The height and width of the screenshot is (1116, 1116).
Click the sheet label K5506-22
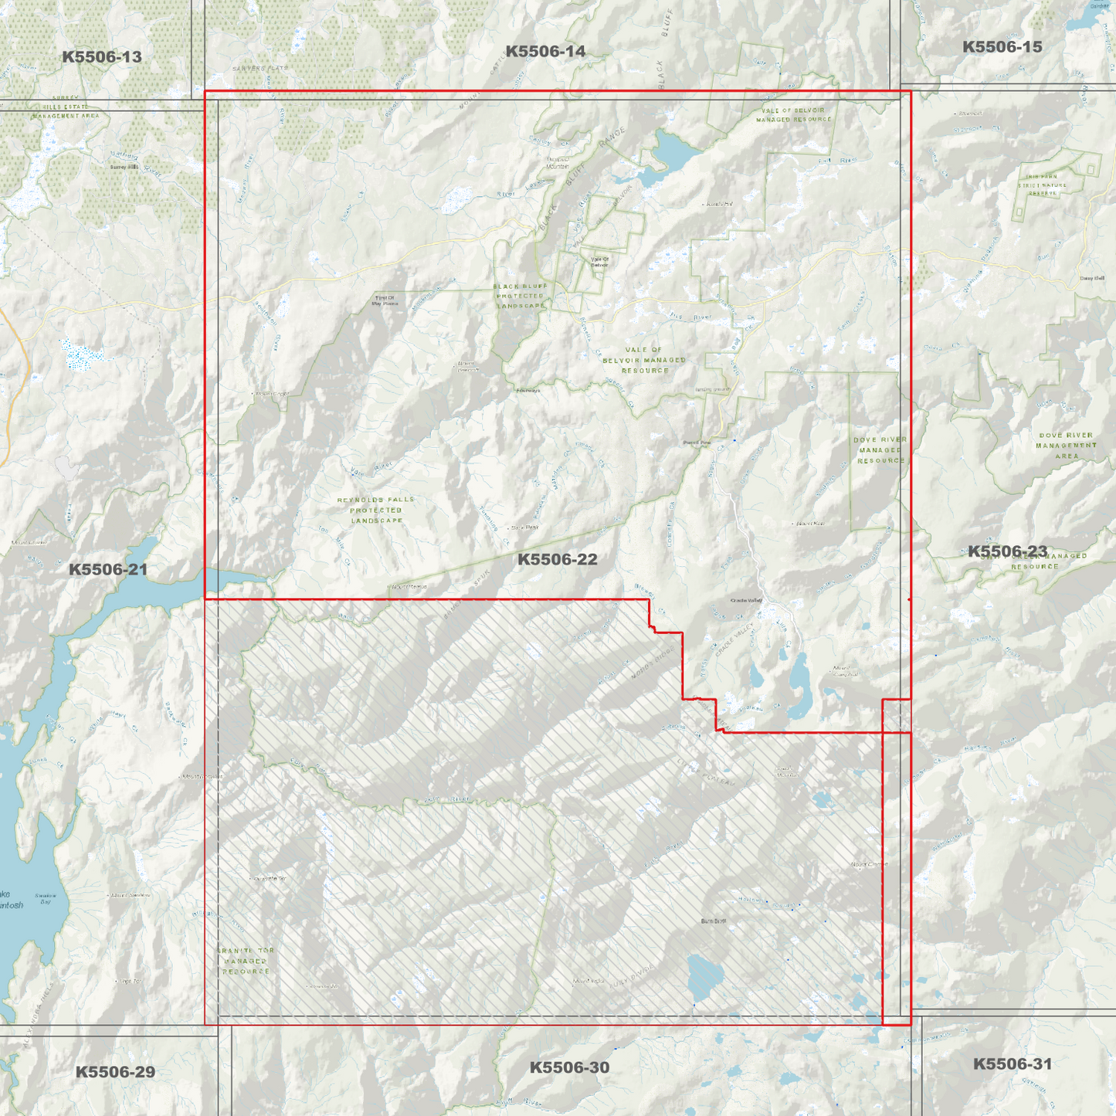(557, 559)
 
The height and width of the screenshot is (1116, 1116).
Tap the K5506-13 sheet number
(102, 57)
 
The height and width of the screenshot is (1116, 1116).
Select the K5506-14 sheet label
(545, 52)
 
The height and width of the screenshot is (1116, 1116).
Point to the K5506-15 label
(1002, 47)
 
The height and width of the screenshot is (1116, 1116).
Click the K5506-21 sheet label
(108, 570)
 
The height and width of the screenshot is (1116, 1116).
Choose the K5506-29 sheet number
(115, 1072)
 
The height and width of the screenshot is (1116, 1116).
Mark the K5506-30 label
(569, 1067)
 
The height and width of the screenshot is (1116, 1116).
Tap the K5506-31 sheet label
(1012, 1064)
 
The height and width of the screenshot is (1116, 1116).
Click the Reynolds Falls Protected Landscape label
(376, 511)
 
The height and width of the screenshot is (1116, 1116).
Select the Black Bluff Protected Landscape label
(521, 296)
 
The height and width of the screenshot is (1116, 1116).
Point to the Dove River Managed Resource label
(880, 450)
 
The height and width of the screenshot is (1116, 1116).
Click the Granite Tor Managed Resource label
(246, 961)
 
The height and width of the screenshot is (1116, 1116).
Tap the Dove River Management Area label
(1066, 446)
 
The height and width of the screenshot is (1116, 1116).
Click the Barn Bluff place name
(713, 921)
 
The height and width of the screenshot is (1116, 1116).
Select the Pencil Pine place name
(696, 443)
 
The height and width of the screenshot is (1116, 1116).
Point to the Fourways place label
(528, 390)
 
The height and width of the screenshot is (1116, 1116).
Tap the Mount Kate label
(809, 524)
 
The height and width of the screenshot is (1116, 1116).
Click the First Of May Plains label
(385, 300)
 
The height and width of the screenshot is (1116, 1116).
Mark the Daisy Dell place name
(1092, 279)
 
